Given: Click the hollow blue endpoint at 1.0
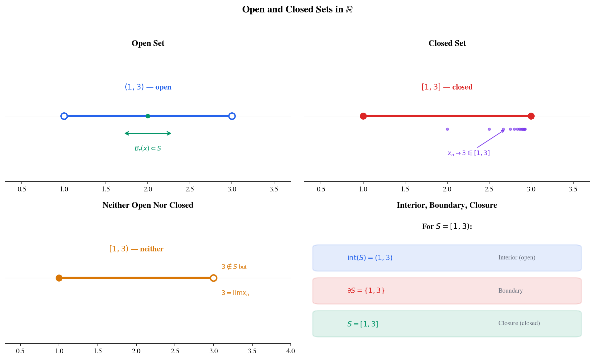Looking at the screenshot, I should (x=64, y=116).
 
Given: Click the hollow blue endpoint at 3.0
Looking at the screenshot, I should (x=232, y=116).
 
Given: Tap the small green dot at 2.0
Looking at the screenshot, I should (x=148, y=116).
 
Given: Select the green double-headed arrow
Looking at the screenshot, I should (x=148, y=133).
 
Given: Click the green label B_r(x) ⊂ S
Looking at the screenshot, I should (x=148, y=148).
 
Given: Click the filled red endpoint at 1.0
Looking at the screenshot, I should (x=363, y=116).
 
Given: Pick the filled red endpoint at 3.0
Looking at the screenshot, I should (x=531, y=116).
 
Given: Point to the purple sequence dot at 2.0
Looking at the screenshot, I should (x=447, y=129).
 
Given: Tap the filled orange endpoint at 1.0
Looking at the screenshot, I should (x=59, y=278).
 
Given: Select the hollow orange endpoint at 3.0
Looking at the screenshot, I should (x=213, y=278).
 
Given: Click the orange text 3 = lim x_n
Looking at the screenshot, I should (x=235, y=293).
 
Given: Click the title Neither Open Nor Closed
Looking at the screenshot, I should (x=148, y=205).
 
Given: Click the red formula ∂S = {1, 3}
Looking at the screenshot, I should (x=366, y=291).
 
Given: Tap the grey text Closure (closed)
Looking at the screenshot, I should (x=519, y=323).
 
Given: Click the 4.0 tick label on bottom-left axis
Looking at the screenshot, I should (x=290, y=351).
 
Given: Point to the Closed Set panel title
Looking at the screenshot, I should (x=447, y=43).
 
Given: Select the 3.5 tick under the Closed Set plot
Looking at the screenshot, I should (x=573, y=189).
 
